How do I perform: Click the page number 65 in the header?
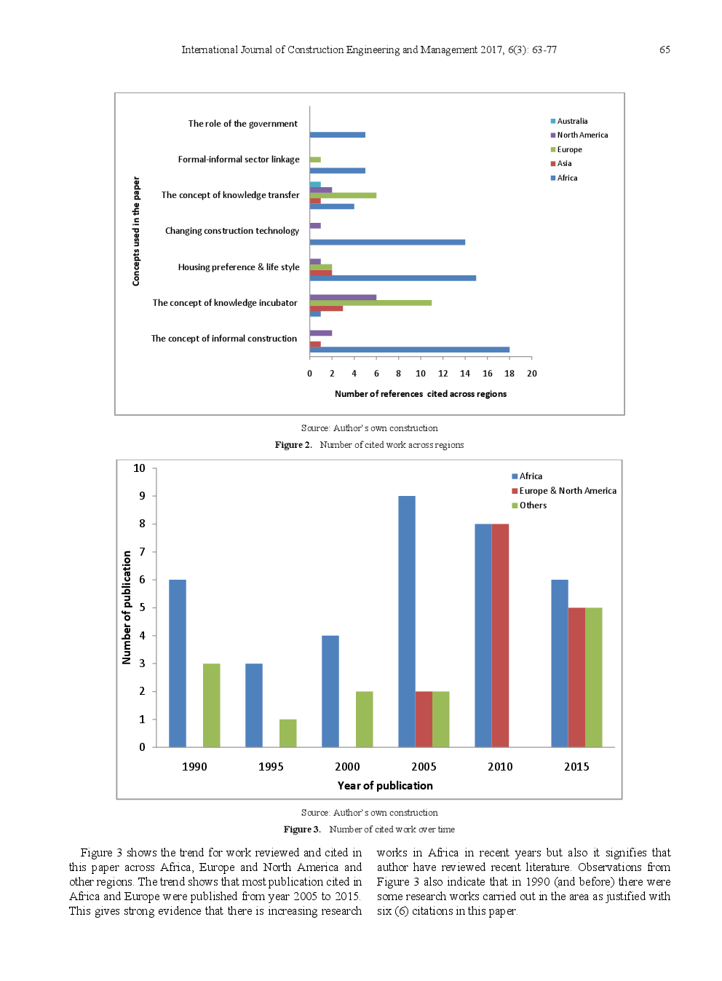pyautogui.click(x=665, y=50)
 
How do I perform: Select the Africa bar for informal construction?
pyautogui.click(x=409, y=350)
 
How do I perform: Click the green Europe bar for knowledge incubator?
pyautogui.click(x=370, y=303)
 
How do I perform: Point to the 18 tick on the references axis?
pyautogui.click(x=509, y=374)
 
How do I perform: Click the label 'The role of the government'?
pyautogui.click(x=242, y=124)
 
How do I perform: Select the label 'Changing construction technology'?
pyautogui.click(x=231, y=231)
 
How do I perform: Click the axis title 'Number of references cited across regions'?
pyautogui.click(x=420, y=394)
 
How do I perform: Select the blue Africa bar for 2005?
pyautogui.click(x=407, y=621)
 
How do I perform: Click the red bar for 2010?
pyautogui.click(x=500, y=635)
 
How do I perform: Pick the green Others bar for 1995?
pyautogui.click(x=287, y=733)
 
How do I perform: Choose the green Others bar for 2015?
pyautogui.click(x=593, y=677)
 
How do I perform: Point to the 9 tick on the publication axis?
pyautogui.click(x=143, y=496)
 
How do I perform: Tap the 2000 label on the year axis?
pyautogui.click(x=347, y=767)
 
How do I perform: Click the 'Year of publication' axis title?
pyautogui.click(x=385, y=786)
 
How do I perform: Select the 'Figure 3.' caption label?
pyautogui.click(x=301, y=830)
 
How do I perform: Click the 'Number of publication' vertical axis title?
pyautogui.click(x=127, y=607)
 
